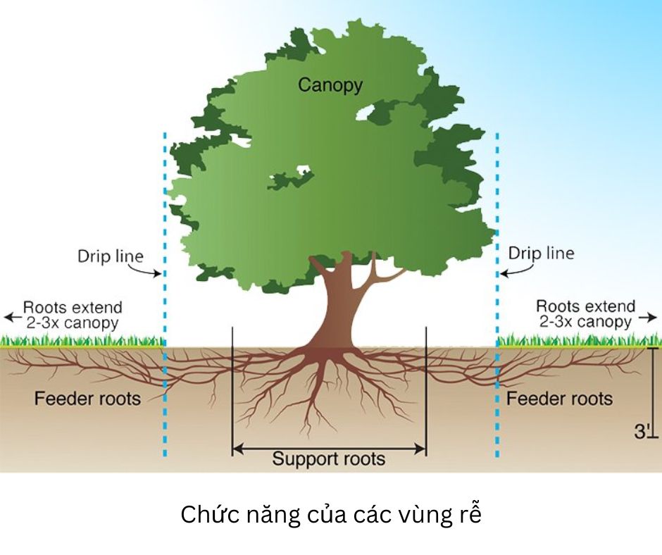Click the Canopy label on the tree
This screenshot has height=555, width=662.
point(330,85)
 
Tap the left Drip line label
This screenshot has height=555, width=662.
point(110,256)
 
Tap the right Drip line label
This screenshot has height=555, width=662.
point(541,253)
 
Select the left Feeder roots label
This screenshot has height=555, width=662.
point(87,399)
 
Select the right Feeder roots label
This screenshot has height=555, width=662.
point(560,399)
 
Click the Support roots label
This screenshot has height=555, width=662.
point(329,460)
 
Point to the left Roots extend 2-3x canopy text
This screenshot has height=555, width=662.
point(72,315)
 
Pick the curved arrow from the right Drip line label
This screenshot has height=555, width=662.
point(512,268)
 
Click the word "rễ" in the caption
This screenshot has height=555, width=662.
point(470,515)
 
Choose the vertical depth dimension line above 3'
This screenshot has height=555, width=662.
point(652,384)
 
